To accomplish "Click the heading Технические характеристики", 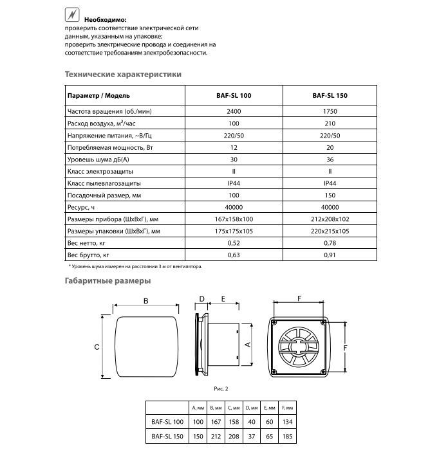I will pyautogui.click(x=123, y=74).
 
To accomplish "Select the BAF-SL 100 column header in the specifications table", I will pyautogui.click(x=233, y=95).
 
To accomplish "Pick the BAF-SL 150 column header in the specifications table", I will pyautogui.click(x=330, y=95).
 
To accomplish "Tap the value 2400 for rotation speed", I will pyautogui.click(x=233, y=111).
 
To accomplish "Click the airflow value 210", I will pyautogui.click(x=330, y=123).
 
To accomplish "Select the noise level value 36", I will pyautogui.click(x=330, y=159).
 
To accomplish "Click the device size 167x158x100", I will pyautogui.click(x=233, y=219).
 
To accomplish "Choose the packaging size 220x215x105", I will pyautogui.click(x=330, y=231).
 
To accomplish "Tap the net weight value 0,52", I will pyautogui.click(x=233, y=243).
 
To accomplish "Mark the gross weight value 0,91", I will pyautogui.click(x=330, y=255).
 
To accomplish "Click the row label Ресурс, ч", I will pyautogui.click(x=81, y=207).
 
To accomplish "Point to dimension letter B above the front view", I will pyautogui.click(x=146, y=301).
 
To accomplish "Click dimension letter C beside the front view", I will pyautogui.click(x=96, y=347).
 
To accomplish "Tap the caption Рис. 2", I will pyautogui.click(x=221, y=388).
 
